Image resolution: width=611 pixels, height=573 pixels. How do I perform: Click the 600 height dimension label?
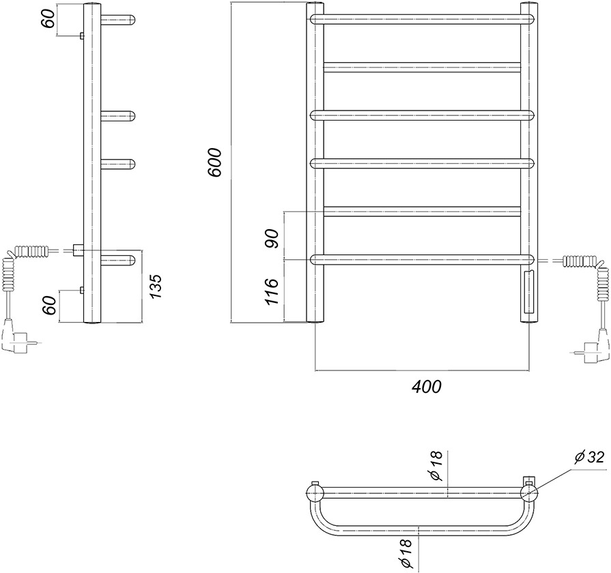coord(215,162)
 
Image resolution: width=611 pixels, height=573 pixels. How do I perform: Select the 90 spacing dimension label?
coord(272,239)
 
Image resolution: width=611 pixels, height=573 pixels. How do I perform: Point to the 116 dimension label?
coord(271,292)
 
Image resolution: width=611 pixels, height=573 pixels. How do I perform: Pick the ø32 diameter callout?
coord(589,457)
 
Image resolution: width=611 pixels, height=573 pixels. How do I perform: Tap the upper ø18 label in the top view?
coord(436,465)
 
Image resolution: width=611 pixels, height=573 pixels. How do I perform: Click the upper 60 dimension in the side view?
coord(48,18)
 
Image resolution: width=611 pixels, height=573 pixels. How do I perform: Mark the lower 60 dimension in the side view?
coord(49,305)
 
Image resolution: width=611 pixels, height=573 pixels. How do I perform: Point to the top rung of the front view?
coord(422,20)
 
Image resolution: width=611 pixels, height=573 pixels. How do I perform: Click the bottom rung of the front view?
coord(422,260)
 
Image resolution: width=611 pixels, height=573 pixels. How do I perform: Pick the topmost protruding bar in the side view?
coord(118,20)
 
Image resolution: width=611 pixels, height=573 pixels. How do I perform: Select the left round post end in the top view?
coord(315,492)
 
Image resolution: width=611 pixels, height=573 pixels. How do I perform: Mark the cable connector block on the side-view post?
coord(79,250)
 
